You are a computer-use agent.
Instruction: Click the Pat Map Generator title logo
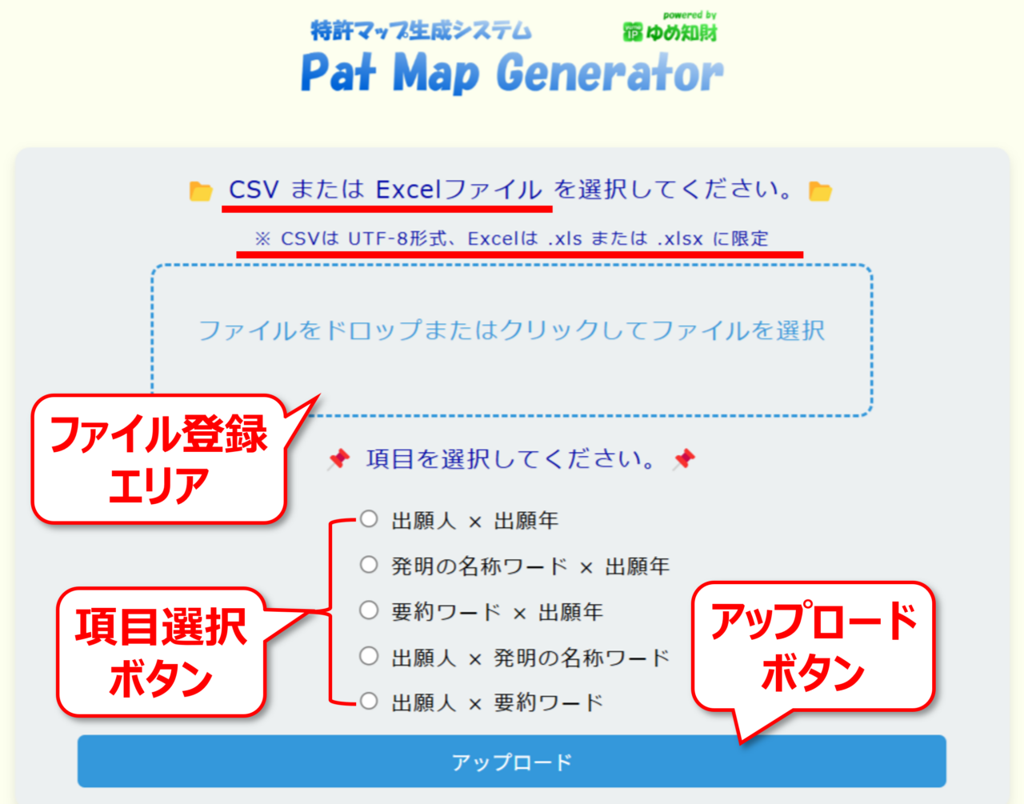(x=512, y=72)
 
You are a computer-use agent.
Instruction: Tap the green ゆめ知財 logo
(x=670, y=33)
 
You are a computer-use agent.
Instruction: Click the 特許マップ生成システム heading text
(x=421, y=30)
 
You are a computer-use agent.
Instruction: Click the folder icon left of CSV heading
(x=200, y=191)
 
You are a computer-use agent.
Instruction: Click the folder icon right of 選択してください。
(x=820, y=191)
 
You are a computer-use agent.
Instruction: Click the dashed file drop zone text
(x=512, y=330)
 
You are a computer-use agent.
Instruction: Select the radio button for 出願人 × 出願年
(x=369, y=519)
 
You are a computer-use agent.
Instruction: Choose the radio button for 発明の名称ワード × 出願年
(x=369, y=564)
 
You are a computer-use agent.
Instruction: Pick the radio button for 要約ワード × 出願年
(x=369, y=610)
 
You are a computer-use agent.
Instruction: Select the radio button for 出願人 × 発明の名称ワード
(x=369, y=656)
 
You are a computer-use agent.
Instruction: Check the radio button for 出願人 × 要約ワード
(x=369, y=701)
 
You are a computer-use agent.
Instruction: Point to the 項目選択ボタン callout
(x=161, y=652)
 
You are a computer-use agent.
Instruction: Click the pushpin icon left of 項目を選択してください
(x=339, y=459)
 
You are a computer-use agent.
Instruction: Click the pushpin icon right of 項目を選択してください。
(x=684, y=459)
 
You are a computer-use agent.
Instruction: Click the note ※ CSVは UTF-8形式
(x=511, y=238)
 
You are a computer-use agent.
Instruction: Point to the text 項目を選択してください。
(x=510, y=458)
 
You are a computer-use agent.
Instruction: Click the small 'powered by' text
(x=690, y=15)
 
